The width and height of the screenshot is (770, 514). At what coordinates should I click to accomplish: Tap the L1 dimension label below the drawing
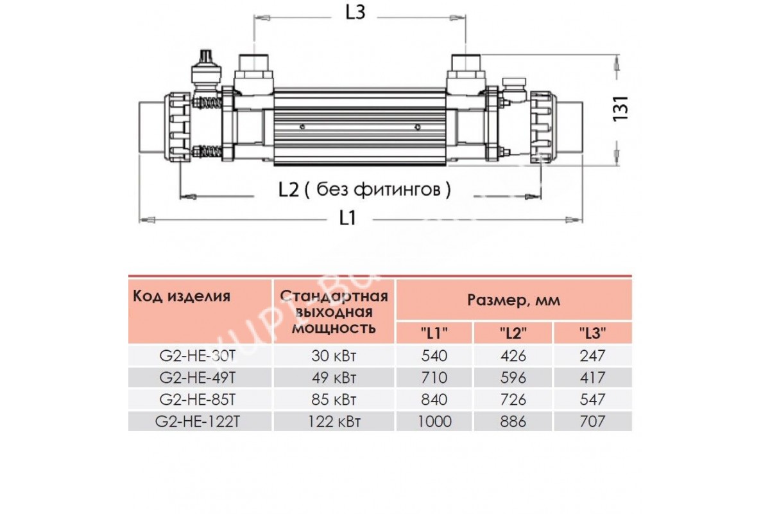click(x=347, y=218)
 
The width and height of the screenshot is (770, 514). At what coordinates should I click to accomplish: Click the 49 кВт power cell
click(x=334, y=377)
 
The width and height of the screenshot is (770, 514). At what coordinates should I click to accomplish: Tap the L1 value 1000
click(x=434, y=421)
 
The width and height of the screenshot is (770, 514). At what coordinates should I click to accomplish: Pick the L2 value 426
click(x=513, y=355)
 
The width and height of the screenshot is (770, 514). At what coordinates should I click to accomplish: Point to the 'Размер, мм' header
click(x=513, y=300)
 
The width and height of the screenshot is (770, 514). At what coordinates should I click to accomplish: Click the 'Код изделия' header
click(x=181, y=296)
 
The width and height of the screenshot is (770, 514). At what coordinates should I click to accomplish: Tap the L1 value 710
click(x=434, y=377)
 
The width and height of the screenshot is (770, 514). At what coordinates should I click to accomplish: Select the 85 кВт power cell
click(x=334, y=400)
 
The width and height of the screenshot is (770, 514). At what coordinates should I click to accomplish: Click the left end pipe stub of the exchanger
click(x=153, y=127)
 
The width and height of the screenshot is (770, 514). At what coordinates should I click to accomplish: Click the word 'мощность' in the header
click(x=334, y=328)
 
